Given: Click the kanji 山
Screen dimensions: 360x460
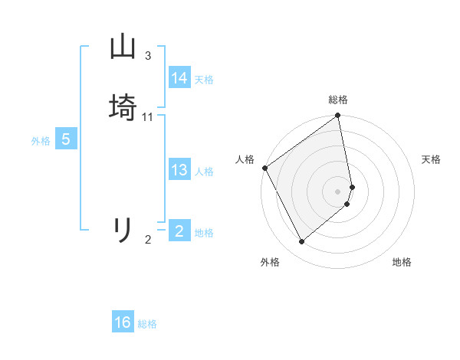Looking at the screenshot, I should (123, 47).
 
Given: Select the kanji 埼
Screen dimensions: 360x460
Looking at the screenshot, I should (123, 106).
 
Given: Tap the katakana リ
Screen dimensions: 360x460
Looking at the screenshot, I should (123, 230).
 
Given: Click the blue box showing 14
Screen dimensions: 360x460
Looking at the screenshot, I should (179, 78).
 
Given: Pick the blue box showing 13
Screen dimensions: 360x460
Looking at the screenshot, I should (179, 170).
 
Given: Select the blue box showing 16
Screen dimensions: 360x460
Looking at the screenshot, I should (123, 322).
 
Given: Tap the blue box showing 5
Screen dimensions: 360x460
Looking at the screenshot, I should (66, 139).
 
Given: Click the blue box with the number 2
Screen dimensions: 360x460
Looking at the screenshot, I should (179, 231).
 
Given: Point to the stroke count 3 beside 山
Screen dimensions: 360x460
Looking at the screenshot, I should (148, 56).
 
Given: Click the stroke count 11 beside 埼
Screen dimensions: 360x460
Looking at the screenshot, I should (148, 117).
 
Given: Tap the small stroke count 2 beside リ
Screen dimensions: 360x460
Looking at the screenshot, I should (148, 240).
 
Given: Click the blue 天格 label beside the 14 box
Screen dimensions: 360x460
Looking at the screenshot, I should (204, 80).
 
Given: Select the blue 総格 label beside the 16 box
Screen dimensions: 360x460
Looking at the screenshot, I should (147, 324).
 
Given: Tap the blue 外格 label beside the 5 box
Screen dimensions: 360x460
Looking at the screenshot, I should (41, 141).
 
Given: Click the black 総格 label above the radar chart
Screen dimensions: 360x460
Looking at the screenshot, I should (338, 100).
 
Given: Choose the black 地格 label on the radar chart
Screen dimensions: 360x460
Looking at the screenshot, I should (402, 263).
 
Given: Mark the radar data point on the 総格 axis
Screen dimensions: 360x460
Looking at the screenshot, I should (338, 116).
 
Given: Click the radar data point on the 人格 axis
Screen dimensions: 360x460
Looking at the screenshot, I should (264, 168).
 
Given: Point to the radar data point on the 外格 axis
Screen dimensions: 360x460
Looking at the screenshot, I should (301, 242).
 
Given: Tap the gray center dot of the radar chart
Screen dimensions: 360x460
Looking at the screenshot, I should (338, 191).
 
